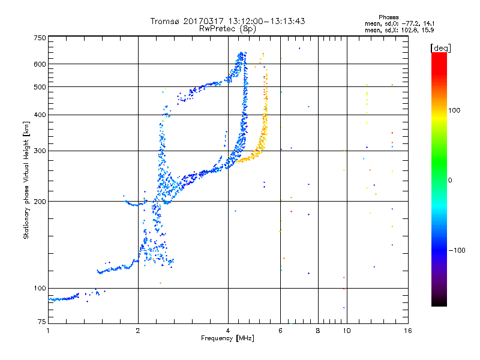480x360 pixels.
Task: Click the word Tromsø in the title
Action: (x=166, y=21)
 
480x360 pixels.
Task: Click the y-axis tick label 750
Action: (x=39, y=38)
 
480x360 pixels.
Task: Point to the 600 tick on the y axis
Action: (x=39, y=64)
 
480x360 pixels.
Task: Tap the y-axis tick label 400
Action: (x=39, y=115)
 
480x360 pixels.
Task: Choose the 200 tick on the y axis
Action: (x=39, y=201)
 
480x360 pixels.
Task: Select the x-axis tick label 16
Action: (x=407, y=331)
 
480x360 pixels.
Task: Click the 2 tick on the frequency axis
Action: (x=138, y=331)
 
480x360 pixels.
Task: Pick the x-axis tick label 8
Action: (x=318, y=331)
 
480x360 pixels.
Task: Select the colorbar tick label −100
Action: (x=457, y=250)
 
